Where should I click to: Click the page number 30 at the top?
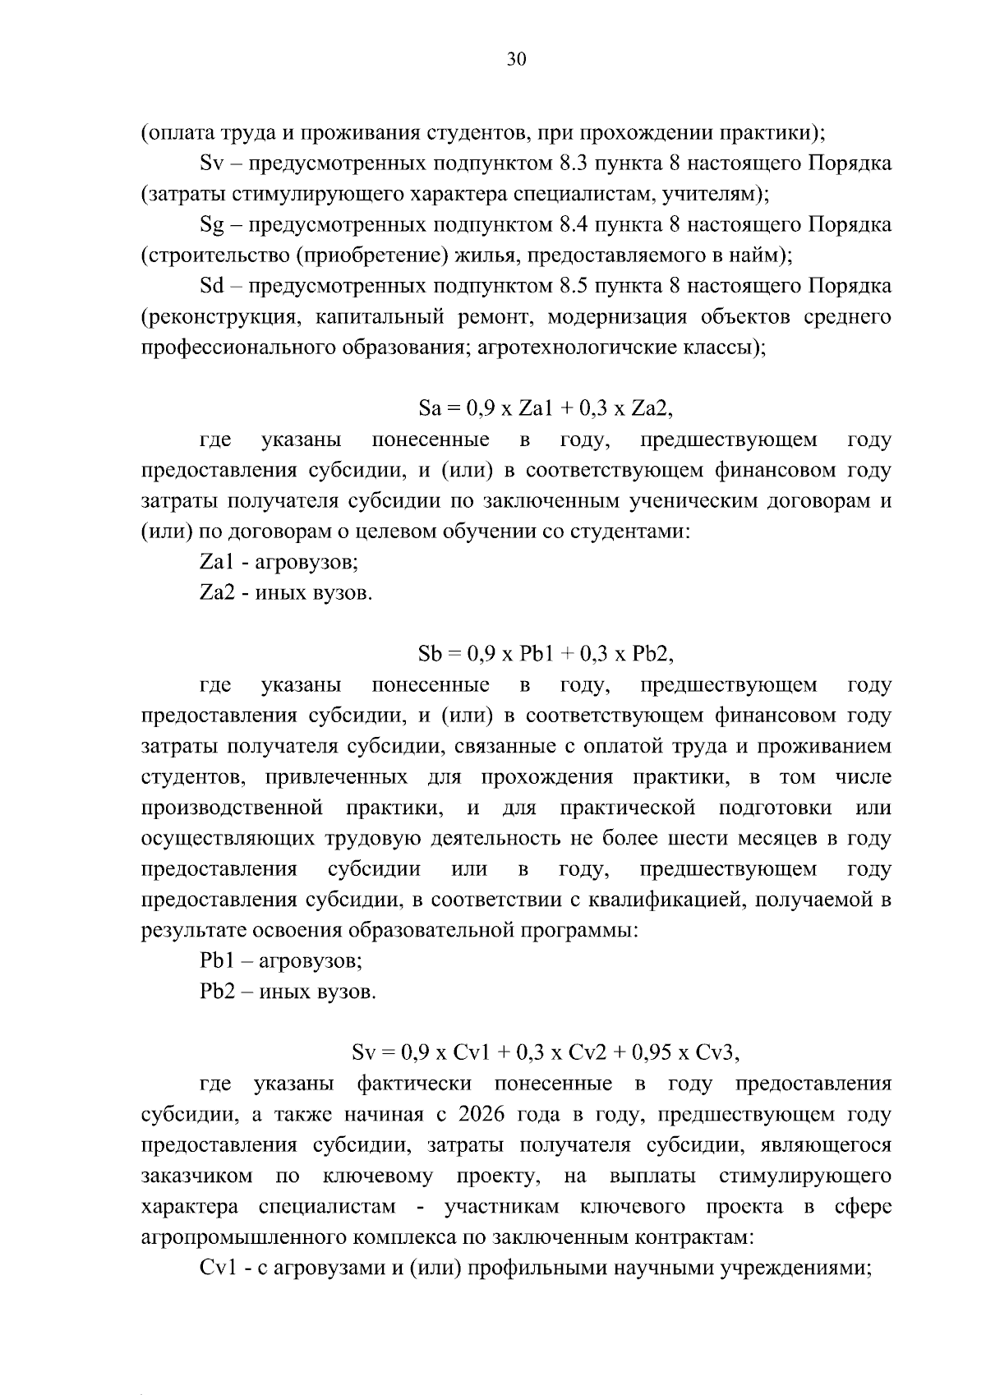[x=517, y=59]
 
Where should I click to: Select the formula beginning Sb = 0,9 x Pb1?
[x=546, y=655]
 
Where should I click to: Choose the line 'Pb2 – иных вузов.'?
[x=288, y=992]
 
